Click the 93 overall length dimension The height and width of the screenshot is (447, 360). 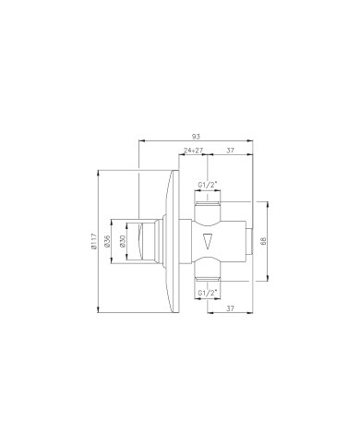(196, 136)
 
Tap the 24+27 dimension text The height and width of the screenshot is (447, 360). (193, 151)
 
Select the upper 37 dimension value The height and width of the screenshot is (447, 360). (230, 151)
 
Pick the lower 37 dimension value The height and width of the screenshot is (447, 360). (230, 308)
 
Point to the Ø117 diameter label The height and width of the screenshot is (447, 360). (94, 242)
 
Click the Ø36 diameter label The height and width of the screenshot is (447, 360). (107, 241)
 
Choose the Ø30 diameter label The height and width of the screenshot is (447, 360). (123, 241)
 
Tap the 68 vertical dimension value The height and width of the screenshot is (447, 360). (263, 241)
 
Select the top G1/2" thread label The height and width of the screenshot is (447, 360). (208, 185)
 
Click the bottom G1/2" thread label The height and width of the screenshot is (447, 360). (208, 293)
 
